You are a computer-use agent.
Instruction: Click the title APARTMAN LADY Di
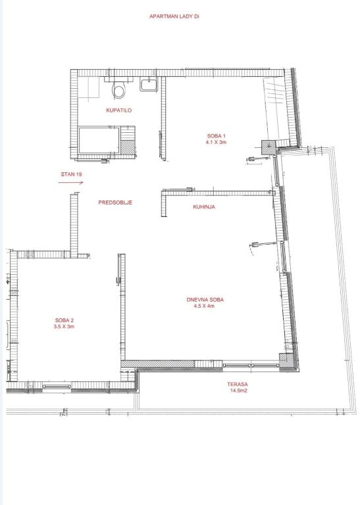tap(174, 16)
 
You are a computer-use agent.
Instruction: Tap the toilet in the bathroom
tap(118, 90)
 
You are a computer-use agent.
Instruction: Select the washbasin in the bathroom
tap(149, 84)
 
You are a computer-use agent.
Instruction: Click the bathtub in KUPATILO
tap(99, 140)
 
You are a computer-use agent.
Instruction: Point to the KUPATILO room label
tap(119, 110)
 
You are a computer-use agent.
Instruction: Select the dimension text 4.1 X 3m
tap(217, 142)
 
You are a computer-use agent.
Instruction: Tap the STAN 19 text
tap(71, 174)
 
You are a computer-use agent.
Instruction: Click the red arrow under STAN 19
tap(70, 183)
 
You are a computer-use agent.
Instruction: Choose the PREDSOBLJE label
tap(115, 203)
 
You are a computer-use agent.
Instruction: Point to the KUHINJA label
tap(204, 206)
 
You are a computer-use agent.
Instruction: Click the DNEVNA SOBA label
tap(205, 300)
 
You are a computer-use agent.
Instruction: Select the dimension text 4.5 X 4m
tap(204, 306)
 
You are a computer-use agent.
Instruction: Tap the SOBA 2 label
tap(64, 320)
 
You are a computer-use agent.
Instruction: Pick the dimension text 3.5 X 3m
tap(64, 327)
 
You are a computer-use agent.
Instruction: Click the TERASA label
tap(237, 384)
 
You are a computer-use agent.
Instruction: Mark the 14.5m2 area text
tap(238, 391)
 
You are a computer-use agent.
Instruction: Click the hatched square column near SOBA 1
tap(269, 147)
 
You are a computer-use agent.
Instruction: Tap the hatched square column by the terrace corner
tap(286, 361)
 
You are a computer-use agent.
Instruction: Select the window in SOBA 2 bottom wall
tap(57, 386)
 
